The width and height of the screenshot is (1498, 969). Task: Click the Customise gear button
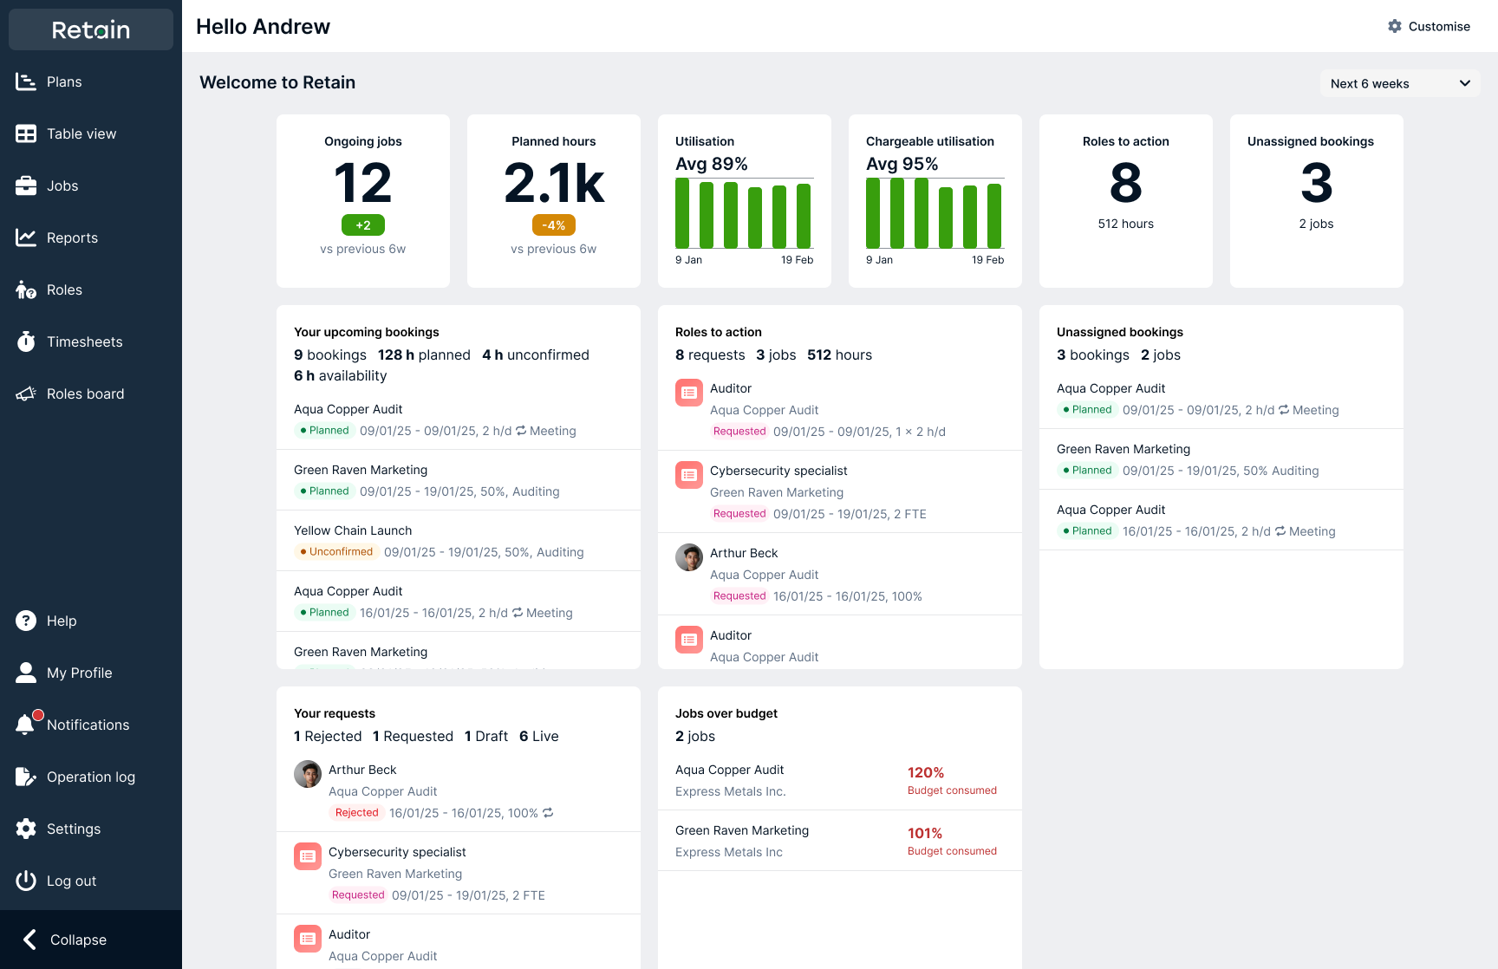point(1429,27)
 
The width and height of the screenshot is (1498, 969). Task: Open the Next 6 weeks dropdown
point(1399,84)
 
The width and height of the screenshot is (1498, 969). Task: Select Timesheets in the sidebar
point(84,341)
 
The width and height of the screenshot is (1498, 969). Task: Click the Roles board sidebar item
point(85,393)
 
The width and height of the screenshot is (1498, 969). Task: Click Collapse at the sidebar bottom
point(77,940)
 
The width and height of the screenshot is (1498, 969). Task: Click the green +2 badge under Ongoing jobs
point(362,225)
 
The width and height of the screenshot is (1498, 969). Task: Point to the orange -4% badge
point(553,225)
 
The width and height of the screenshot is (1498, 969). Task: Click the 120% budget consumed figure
point(925,772)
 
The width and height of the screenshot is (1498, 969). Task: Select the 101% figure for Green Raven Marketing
point(924,833)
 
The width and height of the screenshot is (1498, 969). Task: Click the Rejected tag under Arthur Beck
point(356,813)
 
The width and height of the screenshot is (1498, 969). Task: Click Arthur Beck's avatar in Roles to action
point(689,557)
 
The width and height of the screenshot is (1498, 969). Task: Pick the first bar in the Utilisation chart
point(682,213)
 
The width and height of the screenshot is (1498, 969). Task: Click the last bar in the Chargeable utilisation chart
point(994,216)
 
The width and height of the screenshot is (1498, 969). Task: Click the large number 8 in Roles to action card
point(1125,184)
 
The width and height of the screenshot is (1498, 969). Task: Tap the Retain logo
point(91,30)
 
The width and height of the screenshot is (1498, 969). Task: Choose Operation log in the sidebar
point(90,777)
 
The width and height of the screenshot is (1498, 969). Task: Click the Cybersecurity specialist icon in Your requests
point(308,856)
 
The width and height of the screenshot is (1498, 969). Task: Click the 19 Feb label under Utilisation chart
point(797,260)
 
